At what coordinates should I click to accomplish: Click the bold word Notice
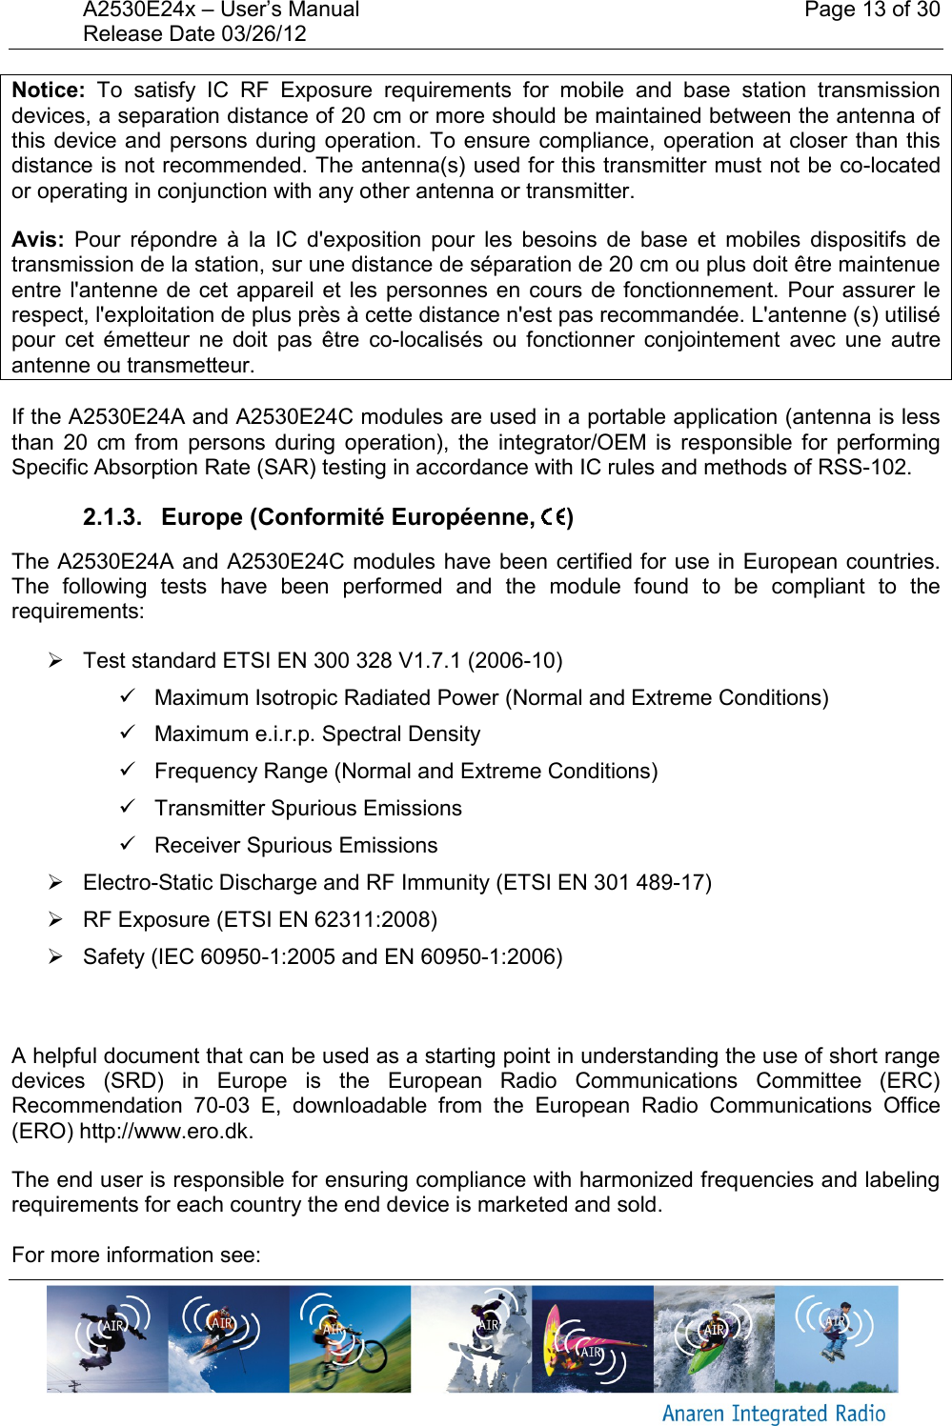[x=48, y=90]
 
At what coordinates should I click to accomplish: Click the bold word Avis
[x=37, y=240]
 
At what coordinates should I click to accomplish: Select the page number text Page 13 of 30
[x=871, y=10]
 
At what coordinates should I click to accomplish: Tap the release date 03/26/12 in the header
[x=263, y=34]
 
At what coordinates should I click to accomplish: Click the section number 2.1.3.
[x=111, y=517]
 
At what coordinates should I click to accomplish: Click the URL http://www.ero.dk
[x=166, y=1132]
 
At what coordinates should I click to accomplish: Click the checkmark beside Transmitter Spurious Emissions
[x=128, y=807]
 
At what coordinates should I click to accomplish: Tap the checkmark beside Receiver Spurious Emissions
[x=128, y=844]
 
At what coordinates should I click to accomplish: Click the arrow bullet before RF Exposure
[x=56, y=919]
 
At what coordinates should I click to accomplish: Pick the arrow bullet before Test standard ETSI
[x=56, y=660]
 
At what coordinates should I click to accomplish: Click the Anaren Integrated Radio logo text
[x=773, y=1414]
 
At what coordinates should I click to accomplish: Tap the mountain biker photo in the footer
[x=350, y=1338]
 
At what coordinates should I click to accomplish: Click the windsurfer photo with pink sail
[x=592, y=1338]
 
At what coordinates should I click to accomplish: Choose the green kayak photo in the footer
[x=714, y=1338]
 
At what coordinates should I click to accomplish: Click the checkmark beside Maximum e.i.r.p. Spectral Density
[x=128, y=733]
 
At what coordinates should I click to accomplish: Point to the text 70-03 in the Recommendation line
[x=221, y=1106]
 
